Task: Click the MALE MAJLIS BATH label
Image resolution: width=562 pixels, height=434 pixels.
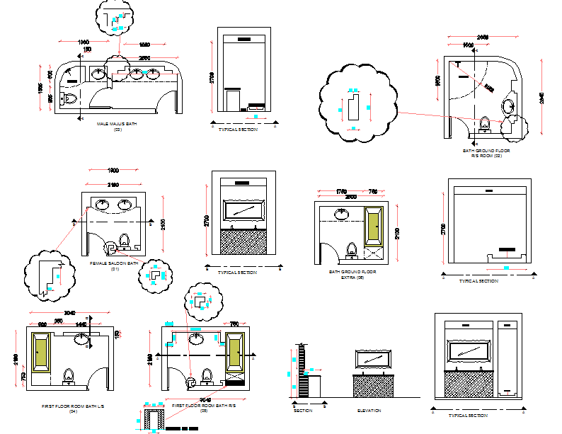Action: pyautogui.click(x=117, y=124)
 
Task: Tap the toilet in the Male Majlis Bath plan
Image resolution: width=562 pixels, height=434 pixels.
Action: pyautogui.click(x=69, y=98)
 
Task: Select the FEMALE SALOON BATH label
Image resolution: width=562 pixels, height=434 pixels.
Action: pyautogui.click(x=114, y=263)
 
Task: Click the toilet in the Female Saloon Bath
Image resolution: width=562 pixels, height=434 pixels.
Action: pyautogui.click(x=125, y=241)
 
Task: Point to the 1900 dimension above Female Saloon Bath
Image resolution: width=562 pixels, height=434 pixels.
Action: pyautogui.click(x=113, y=171)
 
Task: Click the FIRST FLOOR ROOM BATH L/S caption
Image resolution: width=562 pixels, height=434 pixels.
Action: pyautogui.click(x=73, y=406)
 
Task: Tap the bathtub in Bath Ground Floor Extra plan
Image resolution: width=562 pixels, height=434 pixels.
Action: pyautogui.click(x=372, y=226)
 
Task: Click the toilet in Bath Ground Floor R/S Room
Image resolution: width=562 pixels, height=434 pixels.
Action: pyautogui.click(x=484, y=125)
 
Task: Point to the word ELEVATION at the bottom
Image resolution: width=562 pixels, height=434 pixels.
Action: pyautogui.click(x=369, y=411)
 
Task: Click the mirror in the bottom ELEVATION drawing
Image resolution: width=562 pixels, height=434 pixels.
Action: pyautogui.click(x=372, y=358)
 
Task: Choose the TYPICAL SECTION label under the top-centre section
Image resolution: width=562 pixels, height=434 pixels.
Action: pyautogui.click(x=238, y=130)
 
